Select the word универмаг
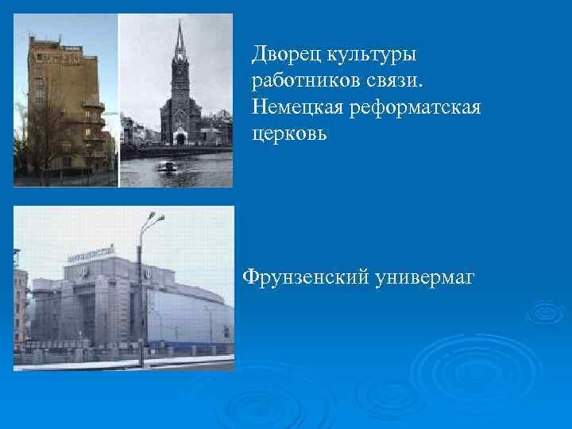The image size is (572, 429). click(422, 276)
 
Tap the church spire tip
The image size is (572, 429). click(180, 21)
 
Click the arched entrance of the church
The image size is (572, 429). click(180, 138)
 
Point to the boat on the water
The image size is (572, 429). click(168, 167)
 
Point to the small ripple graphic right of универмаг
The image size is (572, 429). click(545, 312)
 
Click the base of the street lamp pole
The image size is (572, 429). click(141, 364)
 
